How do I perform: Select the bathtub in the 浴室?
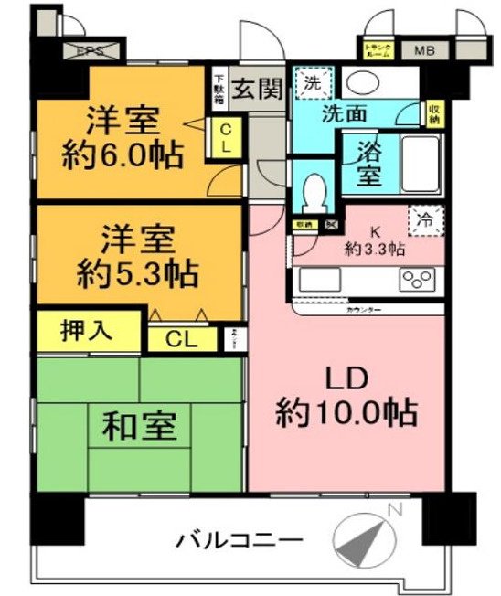click(420, 163)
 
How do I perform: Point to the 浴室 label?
click(368, 163)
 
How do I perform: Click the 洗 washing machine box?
click(313, 81)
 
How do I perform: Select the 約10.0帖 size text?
click(347, 413)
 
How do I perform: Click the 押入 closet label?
click(87, 330)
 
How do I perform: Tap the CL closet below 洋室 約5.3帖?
click(183, 339)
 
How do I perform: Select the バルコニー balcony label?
click(240, 541)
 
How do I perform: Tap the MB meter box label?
click(423, 49)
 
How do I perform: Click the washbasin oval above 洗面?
click(364, 81)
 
